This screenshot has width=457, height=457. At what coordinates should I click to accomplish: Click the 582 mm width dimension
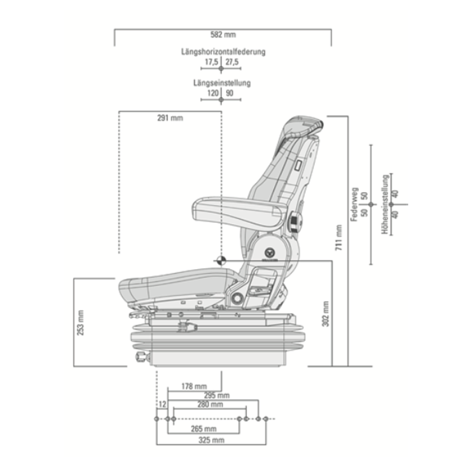(223, 35)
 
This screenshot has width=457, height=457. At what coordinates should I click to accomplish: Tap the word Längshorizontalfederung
(223, 52)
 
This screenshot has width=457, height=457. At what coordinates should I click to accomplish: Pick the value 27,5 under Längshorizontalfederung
(232, 61)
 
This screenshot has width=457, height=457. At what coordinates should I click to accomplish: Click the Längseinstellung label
(222, 83)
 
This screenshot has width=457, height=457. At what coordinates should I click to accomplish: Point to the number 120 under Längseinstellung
(213, 93)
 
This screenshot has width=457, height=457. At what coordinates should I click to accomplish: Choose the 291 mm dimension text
(170, 118)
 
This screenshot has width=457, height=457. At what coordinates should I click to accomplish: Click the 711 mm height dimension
(338, 238)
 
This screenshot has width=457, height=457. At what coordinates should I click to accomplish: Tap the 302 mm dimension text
(326, 313)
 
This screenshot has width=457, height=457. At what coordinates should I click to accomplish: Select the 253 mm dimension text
(80, 323)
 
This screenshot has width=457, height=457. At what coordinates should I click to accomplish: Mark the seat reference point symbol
(221, 260)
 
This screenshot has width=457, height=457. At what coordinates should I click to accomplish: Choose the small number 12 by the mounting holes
(162, 404)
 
